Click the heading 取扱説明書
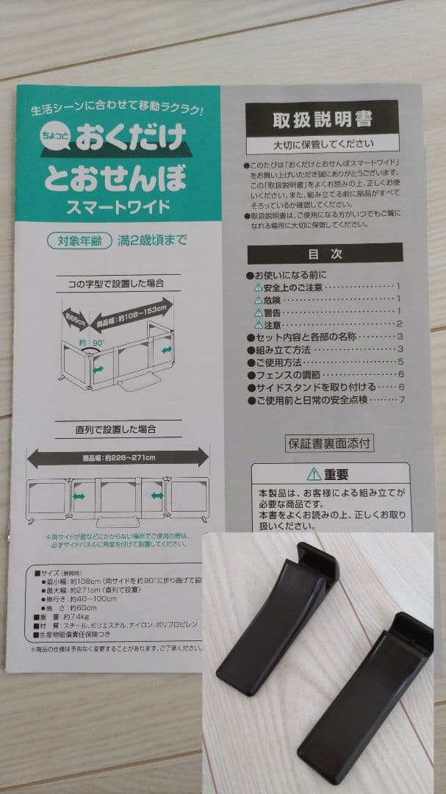[x=322, y=118]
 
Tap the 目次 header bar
[x=324, y=254]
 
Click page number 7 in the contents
[x=402, y=400]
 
